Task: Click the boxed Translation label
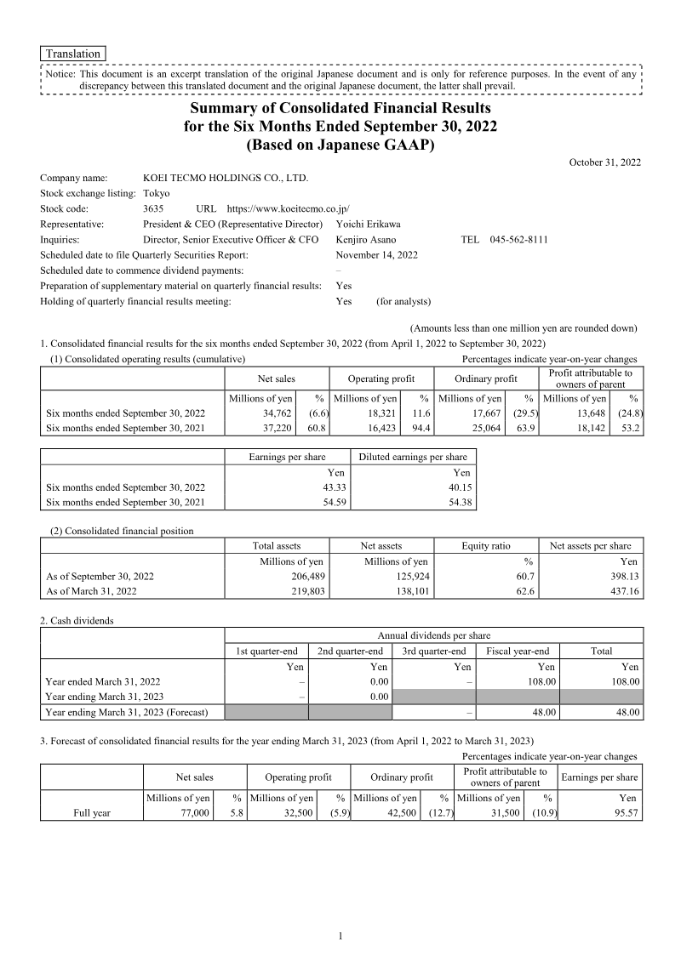[73, 54]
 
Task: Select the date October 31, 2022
[604, 162]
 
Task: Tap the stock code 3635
[155, 208]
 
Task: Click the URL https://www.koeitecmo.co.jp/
[289, 208]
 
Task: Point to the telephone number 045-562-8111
[518, 240]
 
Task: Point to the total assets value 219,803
[304, 591]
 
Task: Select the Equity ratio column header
[486, 546]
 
